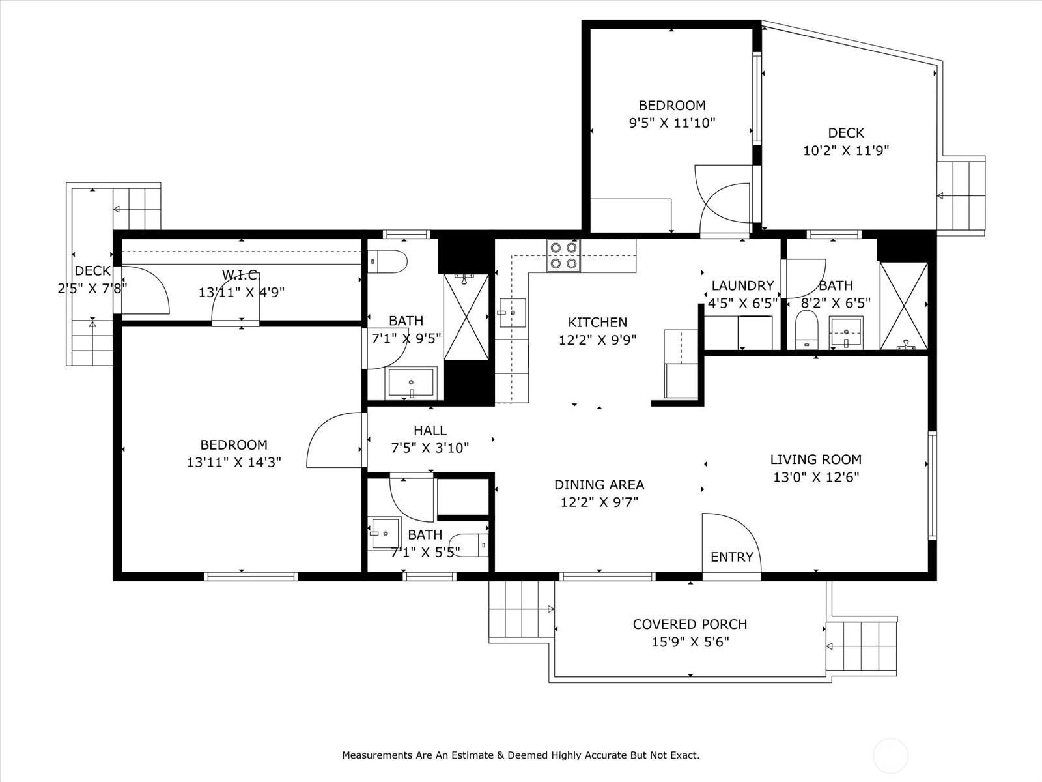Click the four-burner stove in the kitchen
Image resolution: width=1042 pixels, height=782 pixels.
coord(563,255)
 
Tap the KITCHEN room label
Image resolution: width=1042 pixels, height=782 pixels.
coord(598,323)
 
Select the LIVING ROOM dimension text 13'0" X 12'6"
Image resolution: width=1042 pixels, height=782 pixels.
coord(816,477)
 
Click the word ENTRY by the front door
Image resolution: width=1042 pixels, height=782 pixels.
coord(731,557)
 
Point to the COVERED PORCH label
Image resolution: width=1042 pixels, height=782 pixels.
coord(690,624)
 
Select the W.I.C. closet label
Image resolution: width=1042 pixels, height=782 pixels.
coord(241,274)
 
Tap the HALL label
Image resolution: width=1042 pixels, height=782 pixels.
coord(430,431)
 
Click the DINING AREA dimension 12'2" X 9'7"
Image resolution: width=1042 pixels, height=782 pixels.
coord(599,502)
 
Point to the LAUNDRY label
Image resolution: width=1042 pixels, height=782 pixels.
coord(742,286)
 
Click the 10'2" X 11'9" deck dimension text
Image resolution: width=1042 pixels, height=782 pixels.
coord(846,151)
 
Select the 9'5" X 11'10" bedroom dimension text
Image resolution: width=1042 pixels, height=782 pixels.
coord(672,123)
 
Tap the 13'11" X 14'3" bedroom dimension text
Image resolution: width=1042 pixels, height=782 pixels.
coord(234,462)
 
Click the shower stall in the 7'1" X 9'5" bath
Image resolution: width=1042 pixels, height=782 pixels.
coord(466,317)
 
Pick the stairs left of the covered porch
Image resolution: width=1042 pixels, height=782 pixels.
coord(522,609)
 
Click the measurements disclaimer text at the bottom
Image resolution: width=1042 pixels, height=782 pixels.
coord(521,755)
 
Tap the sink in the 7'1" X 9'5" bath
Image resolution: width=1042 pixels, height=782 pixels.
coord(411,383)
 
